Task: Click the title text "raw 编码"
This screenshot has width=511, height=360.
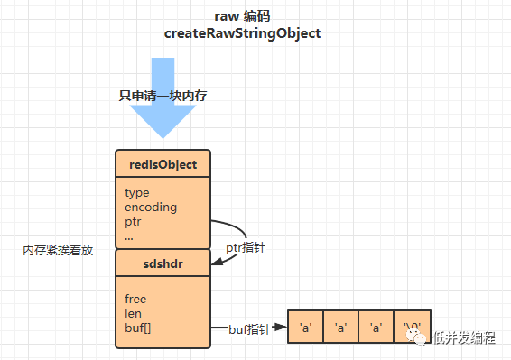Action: click(242, 16)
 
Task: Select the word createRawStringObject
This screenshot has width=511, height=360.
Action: click(242, 33)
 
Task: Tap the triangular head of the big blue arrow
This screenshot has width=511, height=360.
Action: click(163, 121)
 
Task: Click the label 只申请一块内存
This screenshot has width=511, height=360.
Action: click(163, 96)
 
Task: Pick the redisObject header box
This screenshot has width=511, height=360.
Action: click(163, 163)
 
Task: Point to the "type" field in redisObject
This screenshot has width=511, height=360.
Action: click(137, 193)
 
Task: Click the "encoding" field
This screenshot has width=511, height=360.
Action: click(151, 208)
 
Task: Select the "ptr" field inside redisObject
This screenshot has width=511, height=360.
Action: click(133, 222)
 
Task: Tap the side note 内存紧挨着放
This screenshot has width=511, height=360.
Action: click(58, 250)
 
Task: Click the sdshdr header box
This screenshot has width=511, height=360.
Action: click(163, 263)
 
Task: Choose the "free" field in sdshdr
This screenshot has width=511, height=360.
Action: click(135, 299)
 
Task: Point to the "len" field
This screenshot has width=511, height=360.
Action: click(133, 313)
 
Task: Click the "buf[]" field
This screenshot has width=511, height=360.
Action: click(138, 328)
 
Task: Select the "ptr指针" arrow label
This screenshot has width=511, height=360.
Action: click(246, 248)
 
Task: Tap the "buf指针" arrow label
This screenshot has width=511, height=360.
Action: click(249, 329)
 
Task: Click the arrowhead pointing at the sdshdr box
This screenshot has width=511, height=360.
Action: click(217, 262)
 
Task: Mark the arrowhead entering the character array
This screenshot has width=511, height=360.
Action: click(280, 327)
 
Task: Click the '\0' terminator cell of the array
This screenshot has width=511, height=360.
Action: click(413, 327)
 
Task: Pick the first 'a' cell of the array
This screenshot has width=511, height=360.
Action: click(306, 327)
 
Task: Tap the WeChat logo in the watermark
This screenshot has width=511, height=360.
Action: click(416, 337)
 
